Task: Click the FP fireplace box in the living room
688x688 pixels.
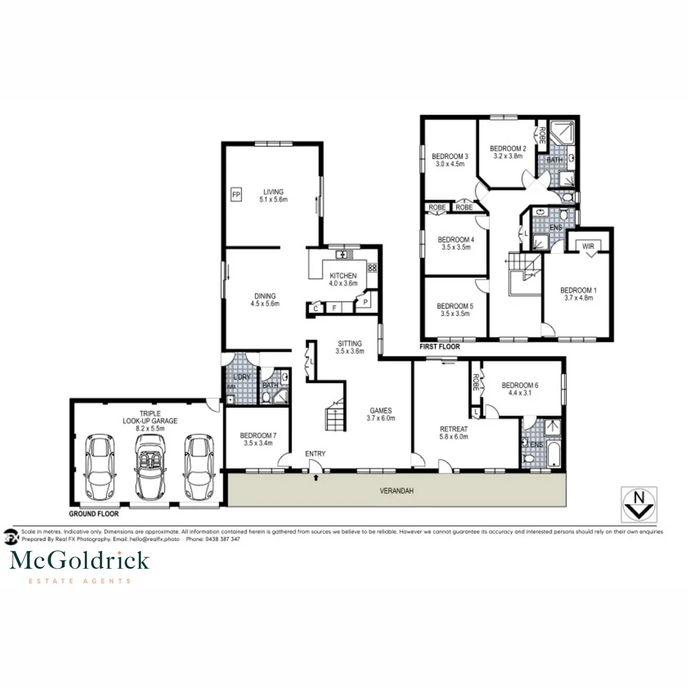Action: tap(236, 194)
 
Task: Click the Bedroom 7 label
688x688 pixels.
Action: tap(257, 440)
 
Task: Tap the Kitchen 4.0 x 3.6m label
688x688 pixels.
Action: tap(343, 280)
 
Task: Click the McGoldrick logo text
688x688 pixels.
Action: tap(80, 561)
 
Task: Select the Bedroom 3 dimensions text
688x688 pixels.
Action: tap(450, 164)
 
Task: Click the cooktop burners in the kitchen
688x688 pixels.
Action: tap(373, 268)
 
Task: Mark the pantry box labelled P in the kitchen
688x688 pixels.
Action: tap(366, 303)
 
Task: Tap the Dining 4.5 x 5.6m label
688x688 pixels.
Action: tap(265, 299)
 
